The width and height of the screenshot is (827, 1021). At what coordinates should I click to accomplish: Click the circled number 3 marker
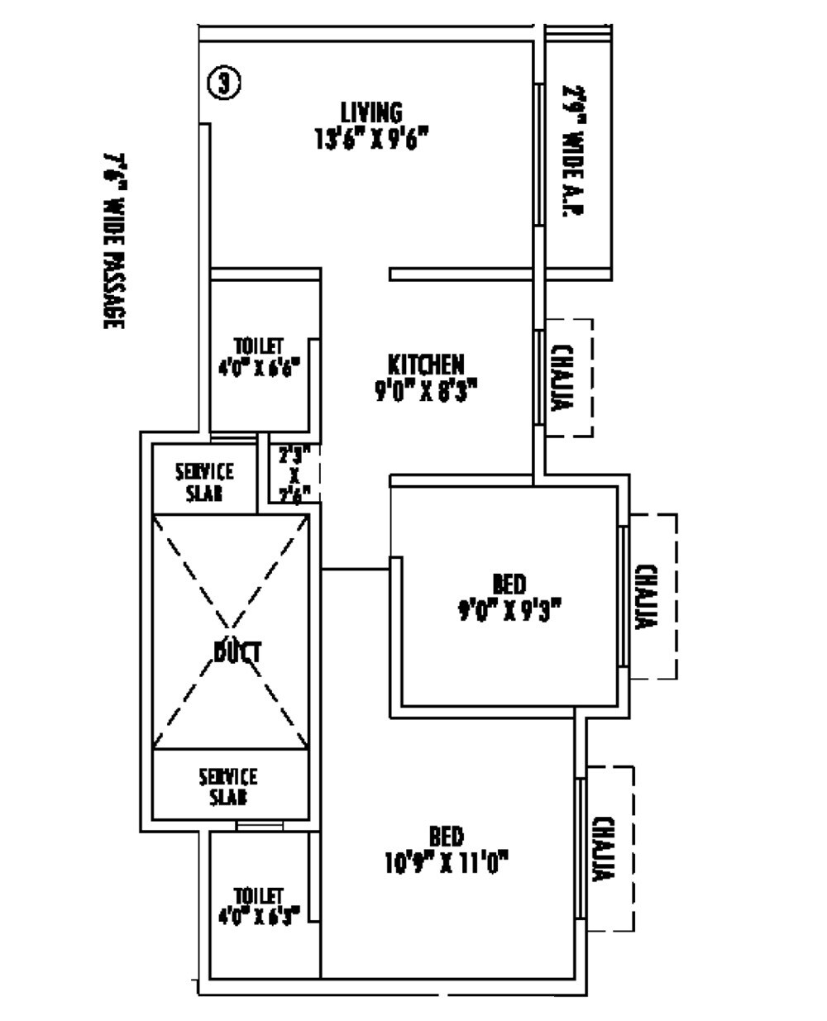[x=223, y=83]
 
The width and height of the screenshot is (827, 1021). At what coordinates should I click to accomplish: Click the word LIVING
[x=371, y=112]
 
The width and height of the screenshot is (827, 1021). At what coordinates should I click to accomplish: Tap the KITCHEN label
[x=426, y=364]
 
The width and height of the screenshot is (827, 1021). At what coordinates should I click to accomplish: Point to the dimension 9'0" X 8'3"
[x=426, y=389]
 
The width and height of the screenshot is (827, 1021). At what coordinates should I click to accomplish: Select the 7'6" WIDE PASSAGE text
[x=114, y=241]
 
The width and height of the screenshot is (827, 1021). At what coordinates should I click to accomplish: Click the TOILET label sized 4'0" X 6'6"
[x=259, y=345]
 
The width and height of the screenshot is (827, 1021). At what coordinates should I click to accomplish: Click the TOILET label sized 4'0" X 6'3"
[x=259, y=896]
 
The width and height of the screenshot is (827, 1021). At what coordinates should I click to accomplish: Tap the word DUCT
[x=237, y=652]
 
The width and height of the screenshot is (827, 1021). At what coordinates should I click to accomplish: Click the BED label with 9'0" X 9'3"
[x=509, y=584]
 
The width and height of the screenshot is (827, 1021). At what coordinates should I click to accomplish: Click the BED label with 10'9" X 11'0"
[x=446, y=836]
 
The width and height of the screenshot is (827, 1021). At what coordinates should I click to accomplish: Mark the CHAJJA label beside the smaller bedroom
[x=647, y=597]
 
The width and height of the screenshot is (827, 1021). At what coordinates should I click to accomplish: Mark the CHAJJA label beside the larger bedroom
[x=605, y=850]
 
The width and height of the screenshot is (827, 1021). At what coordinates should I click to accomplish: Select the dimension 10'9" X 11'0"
[x=446, y=863]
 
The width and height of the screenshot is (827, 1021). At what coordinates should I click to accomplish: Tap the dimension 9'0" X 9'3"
[x=509, y=611]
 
